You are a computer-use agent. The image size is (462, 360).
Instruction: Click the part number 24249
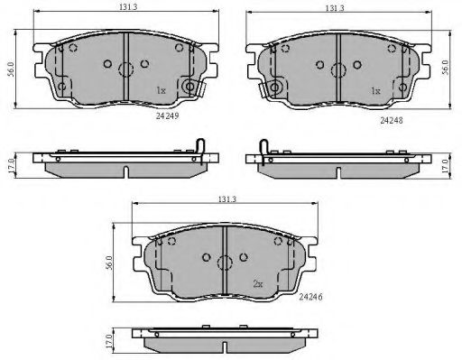click(x=167, y=115)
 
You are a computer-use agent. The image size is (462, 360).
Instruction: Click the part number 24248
click(x=392, y=120)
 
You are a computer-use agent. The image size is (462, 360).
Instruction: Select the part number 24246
click(x=310, y=297)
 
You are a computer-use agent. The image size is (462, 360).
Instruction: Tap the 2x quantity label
click(x=258, y=283)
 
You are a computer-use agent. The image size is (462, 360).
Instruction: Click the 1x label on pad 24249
click(x=161, y=90)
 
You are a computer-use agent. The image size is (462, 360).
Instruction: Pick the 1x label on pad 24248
click(x=375, y=90)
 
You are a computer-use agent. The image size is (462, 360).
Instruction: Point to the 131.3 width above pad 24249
click(x=128, y=7)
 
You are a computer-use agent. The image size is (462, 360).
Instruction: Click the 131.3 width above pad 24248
click(x=335, y=8)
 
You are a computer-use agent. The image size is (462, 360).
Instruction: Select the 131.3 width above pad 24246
click(x=227, y=198)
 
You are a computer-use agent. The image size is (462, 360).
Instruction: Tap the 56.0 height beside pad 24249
click(x=11, y=69)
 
